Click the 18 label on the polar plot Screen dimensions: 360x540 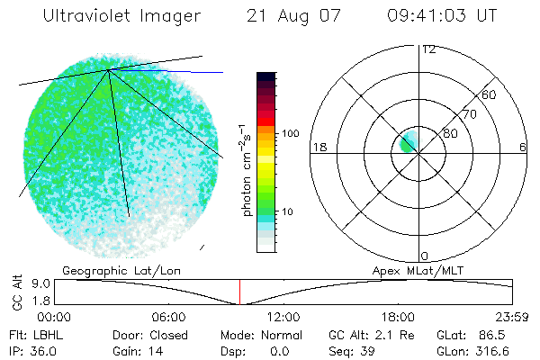tap(318, 147)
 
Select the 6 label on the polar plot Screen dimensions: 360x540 tap(523, 147)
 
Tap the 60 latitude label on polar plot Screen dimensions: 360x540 tap(490, 94)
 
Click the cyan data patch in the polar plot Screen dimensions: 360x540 tap(406, 141)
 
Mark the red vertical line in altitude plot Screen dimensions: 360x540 tap(239, 292)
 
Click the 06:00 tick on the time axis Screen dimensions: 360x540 tap(168, 317)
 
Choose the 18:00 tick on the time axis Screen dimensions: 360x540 tap(398, 317)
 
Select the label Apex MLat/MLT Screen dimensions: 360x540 tap(417, 270)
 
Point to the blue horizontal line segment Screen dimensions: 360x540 tap(193, 71)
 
